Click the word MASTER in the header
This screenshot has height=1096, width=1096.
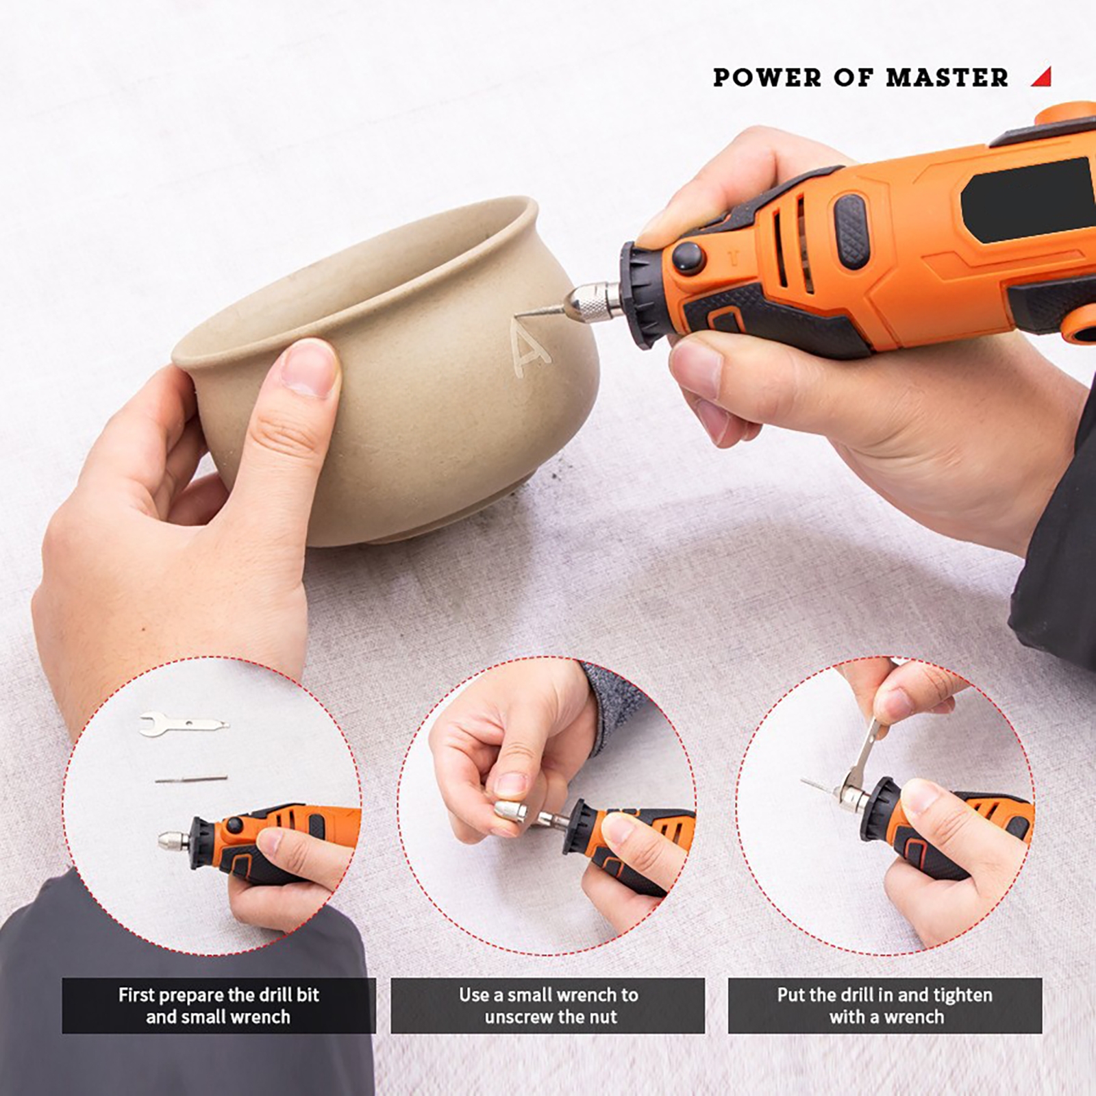tap(947, 77)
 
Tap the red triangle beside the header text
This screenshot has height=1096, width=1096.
tap(1043, 77)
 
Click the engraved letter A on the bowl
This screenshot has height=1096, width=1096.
tap(531, 349)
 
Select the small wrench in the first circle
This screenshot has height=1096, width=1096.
tap(184, 724)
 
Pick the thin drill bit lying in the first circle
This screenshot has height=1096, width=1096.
tap(191, 779)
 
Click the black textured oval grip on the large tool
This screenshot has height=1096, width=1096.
tap(851, 232)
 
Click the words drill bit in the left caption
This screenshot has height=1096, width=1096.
tap(287, 995)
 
